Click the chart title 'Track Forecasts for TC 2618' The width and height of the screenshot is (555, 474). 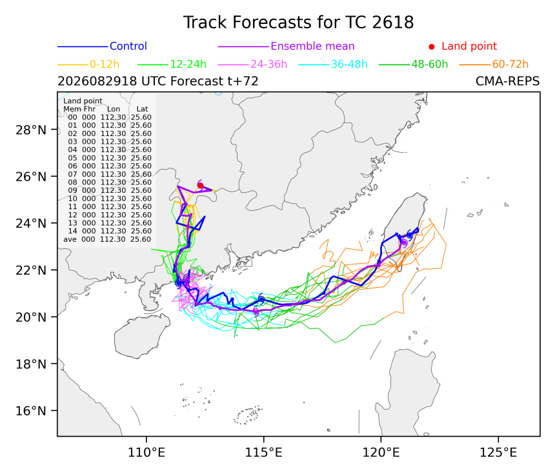tap(298, 23)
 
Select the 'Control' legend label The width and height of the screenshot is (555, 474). tap(128, 46)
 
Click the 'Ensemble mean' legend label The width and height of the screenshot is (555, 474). tap(312, 46)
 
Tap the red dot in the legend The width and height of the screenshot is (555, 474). tap(432, 46)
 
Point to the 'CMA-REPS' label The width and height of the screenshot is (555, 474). tap(508, 81)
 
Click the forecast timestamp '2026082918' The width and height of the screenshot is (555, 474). tap(97, 81)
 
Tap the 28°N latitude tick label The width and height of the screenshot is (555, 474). tap(31, 130)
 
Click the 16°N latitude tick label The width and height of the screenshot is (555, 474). tap(31, 411)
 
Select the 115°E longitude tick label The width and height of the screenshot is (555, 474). tap(264, 453)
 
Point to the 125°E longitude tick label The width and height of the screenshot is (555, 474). tap(498, 453)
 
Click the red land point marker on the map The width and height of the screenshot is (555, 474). tap(200, 185)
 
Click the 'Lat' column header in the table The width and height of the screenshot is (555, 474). tap(142, 109)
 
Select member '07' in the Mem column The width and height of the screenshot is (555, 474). tap(72, 174)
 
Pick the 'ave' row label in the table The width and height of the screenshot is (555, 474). tap(70, 239)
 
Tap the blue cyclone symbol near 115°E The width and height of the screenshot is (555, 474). tap(261, 299)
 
